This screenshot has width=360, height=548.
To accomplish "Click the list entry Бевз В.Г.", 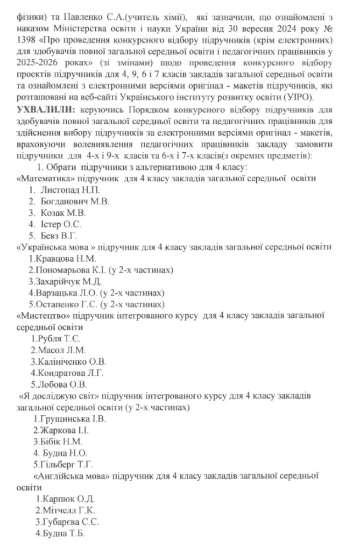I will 59,236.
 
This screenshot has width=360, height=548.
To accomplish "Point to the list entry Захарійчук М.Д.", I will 66,281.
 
